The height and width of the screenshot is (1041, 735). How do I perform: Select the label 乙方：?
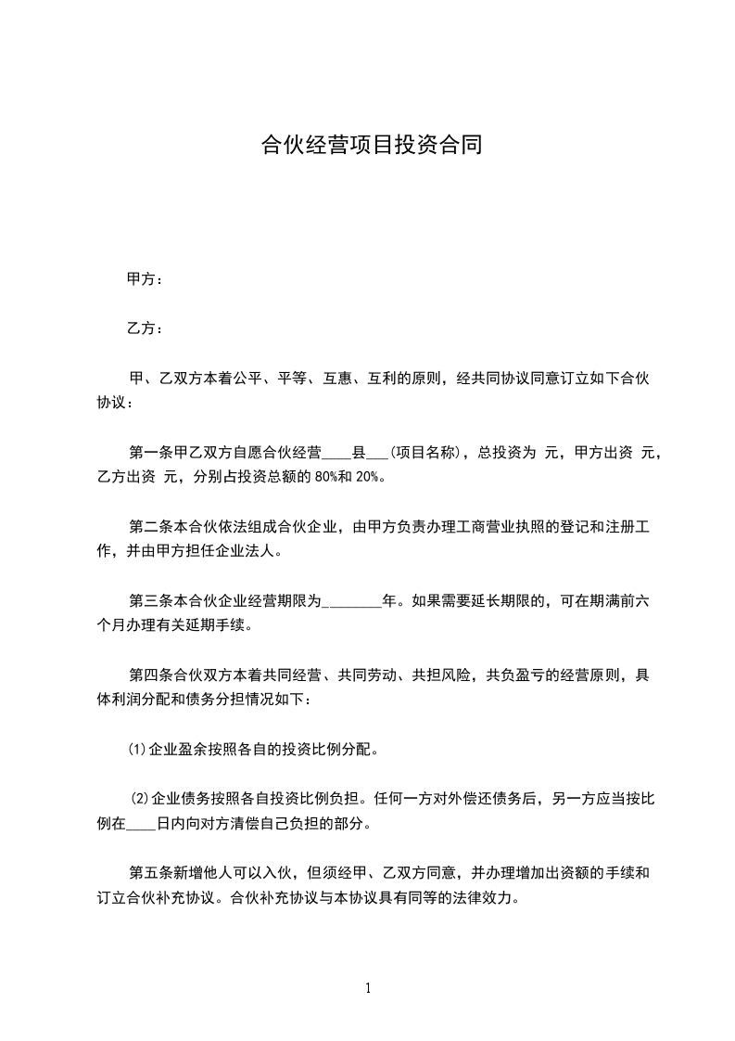tap(145, 328)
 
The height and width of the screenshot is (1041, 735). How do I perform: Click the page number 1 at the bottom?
tap(368, 989)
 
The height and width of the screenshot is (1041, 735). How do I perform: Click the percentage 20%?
tap(368, 478)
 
